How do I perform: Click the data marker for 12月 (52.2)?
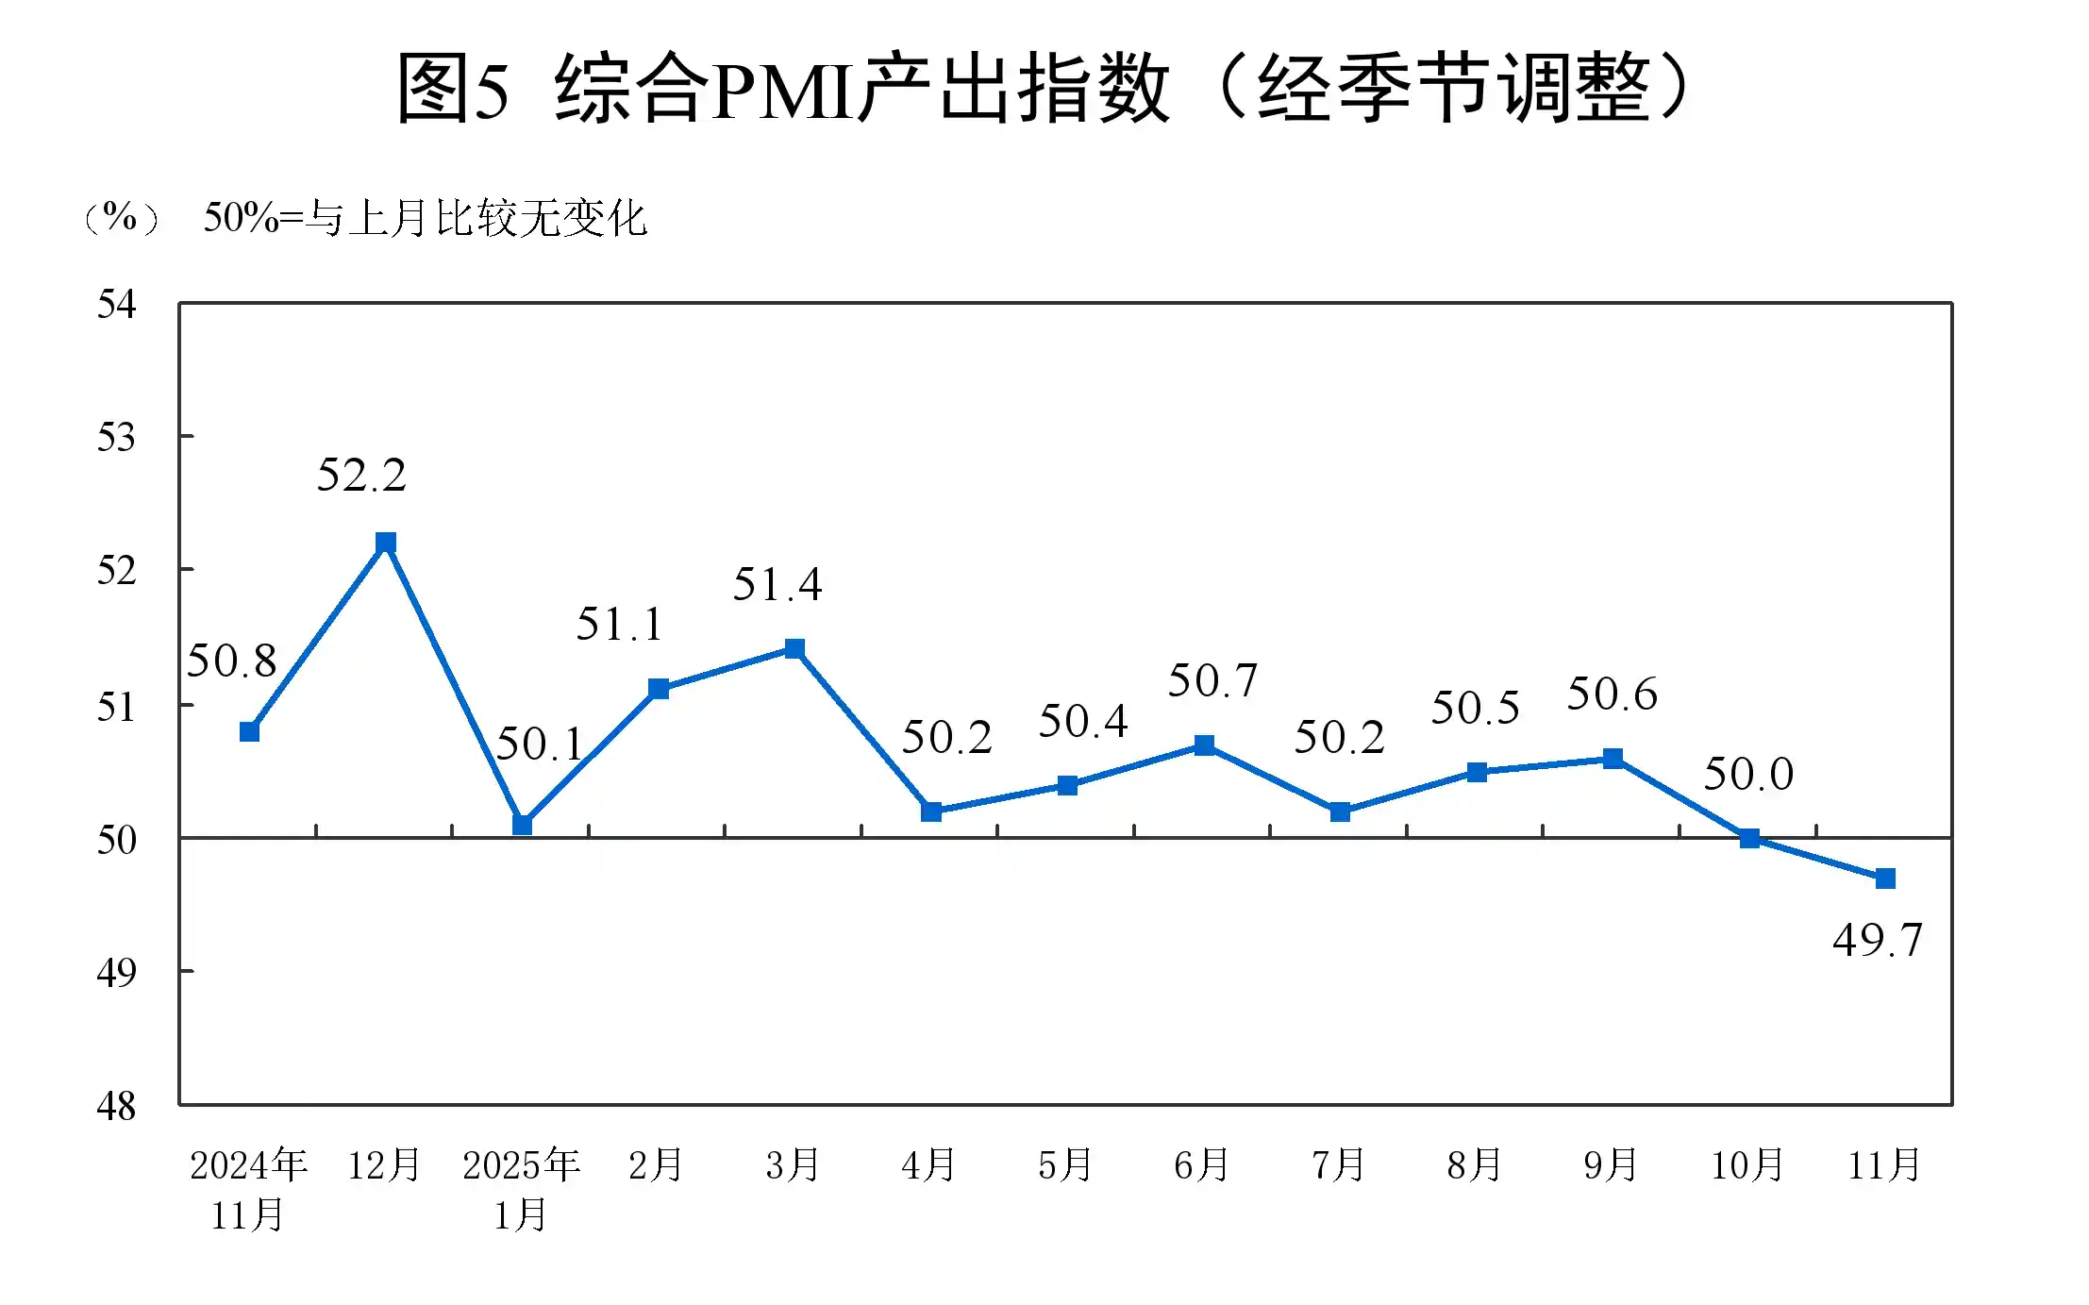[x=386, y=543]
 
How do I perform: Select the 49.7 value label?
[x=1877, y=940]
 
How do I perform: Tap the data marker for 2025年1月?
[x=522, y=825]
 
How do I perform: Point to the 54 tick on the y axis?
[x=117, y=304]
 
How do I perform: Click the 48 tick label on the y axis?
[x=117, y=1106]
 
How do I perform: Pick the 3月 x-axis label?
[x=792, y=1165]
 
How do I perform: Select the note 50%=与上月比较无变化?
[x=426, y=218]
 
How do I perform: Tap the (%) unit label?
[x=121, y=218]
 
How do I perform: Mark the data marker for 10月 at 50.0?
[x=1749, y=838]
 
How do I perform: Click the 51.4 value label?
[x=777, y=584]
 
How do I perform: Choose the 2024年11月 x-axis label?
[x=248, y=1189]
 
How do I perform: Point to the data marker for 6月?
[x=1204, y=745]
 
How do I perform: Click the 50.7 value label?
[x=1212, y=680]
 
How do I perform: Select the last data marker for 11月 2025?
[x=1885, y=878]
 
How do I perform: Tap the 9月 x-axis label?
[x=1610, y=1165]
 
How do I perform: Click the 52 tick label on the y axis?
[x=117, y=571]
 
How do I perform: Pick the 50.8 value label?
[x=232, y=661]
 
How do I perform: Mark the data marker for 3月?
[x=794, y=648]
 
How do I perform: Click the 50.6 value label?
[x=1612, y=694]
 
